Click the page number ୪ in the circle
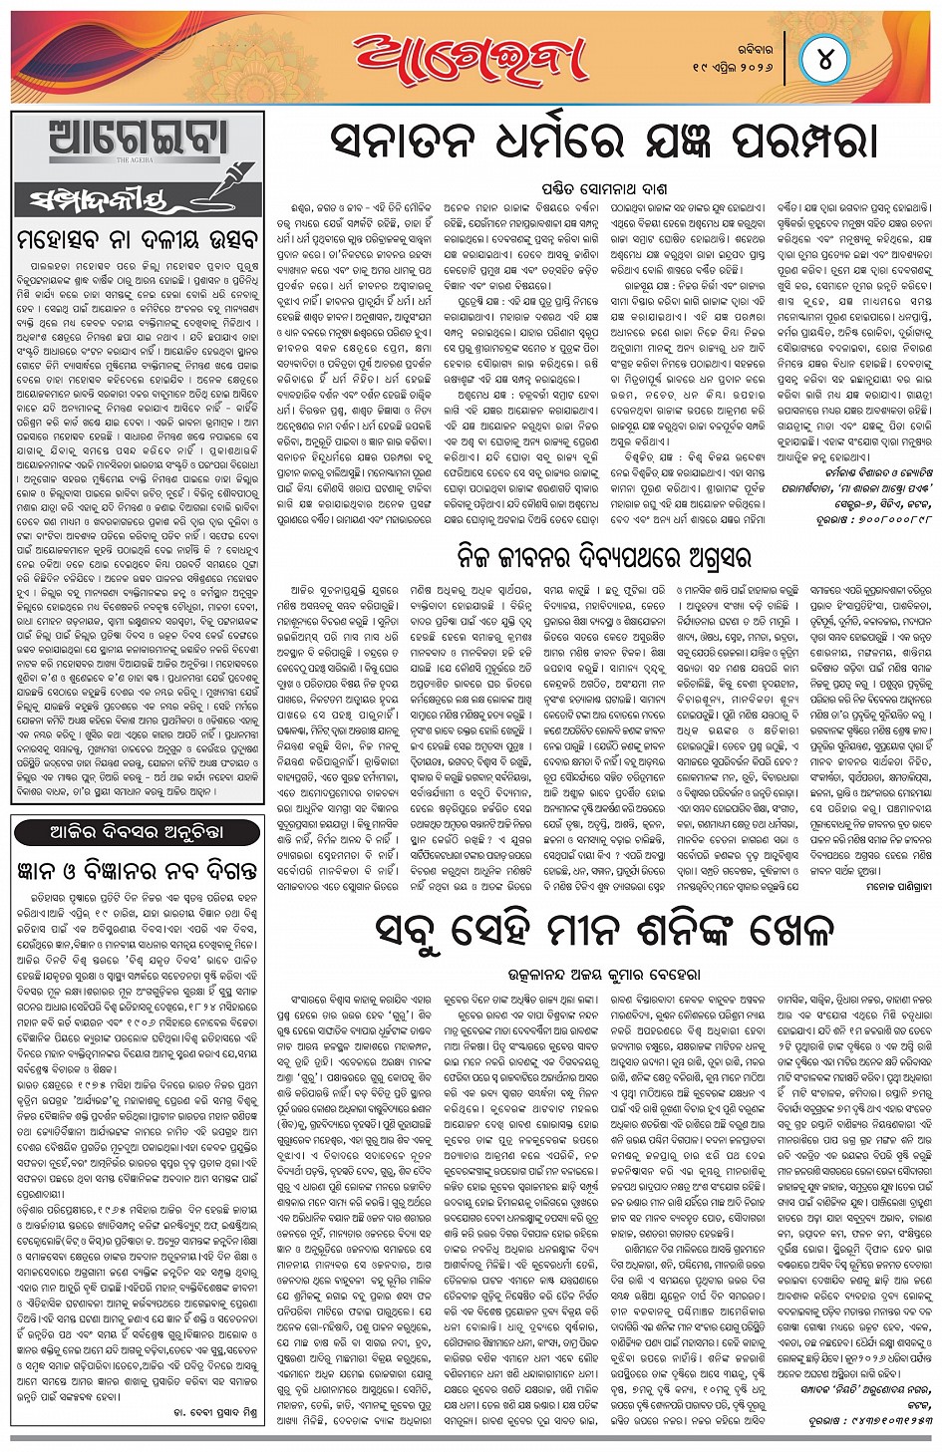[824, 59]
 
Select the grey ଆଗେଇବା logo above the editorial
[139, 141]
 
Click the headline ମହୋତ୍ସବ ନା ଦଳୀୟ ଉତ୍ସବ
[138, 240]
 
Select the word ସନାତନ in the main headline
[410, 142]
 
